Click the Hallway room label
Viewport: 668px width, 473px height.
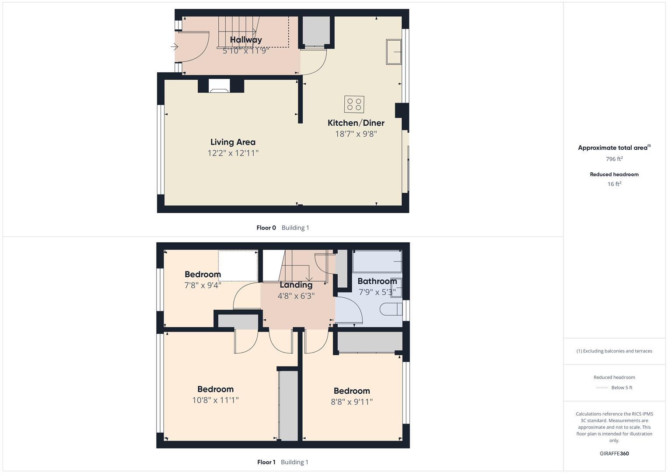246,40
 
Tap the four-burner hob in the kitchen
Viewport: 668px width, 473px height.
354,104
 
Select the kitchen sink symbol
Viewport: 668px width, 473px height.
394,52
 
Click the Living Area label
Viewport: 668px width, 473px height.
233,142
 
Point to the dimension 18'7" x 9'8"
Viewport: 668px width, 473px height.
356,134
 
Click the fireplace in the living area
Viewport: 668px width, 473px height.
219,85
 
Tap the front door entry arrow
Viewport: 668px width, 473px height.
174,47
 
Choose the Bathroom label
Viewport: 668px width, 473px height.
377,281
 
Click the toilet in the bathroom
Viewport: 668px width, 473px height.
391,310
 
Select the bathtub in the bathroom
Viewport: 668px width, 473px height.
377,261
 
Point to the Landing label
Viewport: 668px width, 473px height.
296,285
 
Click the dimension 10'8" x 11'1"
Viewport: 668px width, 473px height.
215,400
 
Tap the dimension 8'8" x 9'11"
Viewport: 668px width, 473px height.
352,402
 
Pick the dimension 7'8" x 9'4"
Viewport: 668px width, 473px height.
203,285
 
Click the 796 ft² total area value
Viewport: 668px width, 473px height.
614,159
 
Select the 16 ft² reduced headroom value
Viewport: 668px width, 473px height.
614,184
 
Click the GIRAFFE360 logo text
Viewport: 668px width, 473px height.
614,454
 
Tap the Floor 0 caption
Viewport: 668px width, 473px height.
266,228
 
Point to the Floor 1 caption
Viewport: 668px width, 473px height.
266,462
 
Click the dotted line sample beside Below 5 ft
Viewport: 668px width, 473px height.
602,388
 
